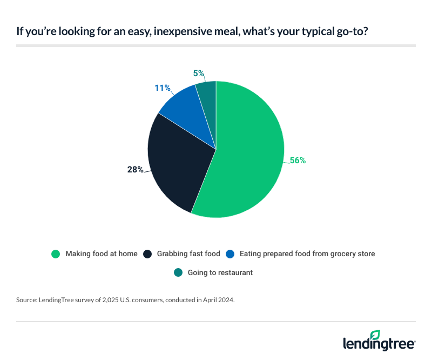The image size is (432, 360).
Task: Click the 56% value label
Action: [298, 160]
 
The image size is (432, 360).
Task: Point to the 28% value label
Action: [136, 170]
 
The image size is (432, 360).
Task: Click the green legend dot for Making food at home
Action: [55, 254]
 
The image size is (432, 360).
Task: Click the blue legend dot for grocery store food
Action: [230, 254]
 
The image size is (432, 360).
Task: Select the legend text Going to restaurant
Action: [220, 272]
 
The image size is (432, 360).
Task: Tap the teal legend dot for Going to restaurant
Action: [178, 272]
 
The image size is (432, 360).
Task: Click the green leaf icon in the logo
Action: [375, 335]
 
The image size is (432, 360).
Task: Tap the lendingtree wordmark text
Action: [379, 344]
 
